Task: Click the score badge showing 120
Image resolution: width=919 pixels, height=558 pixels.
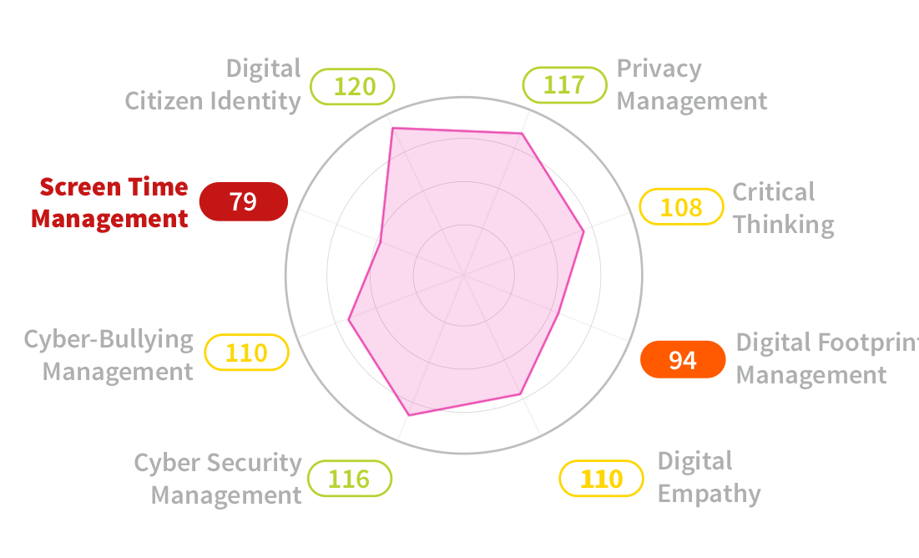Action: pyautogui.click(x=352, y=86)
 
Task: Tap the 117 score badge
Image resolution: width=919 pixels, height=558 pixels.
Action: pyautogui.click(x=564, y=85)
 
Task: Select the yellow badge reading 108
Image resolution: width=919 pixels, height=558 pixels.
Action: pyautogui.click(x=681, y=206)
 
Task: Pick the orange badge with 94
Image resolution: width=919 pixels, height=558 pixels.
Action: pyautogui.click(x=683, y=360)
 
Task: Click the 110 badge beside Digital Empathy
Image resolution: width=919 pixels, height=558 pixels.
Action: pyautogui.click(x=602, y=479)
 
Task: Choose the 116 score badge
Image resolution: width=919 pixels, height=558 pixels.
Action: pyautogui.click(x=349, y=479)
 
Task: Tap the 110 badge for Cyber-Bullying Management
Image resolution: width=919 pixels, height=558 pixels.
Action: pyautogui.click(x=246, y=353)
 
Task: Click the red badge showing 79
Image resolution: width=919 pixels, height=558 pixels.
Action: pyautogui.click(x=243, y=201)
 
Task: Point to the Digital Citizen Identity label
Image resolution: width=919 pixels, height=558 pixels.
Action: pyautogui.click(x=213, y=84)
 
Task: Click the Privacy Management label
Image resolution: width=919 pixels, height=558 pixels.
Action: pyautogui.click(x=691, y=84)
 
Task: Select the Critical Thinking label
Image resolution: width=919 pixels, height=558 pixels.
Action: pyautogui.click(x=783, y=208)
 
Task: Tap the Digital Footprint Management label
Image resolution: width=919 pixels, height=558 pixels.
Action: pyautogui.click(x=826, y=358)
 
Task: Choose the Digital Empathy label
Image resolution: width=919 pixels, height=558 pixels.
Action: pyautogui.click(x=709, y=477)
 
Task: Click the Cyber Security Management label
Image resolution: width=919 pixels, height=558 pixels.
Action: pyautogui.click(x=218, y=479)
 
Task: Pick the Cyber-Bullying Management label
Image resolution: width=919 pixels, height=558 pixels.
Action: pyautogui.click(x=109, y=354)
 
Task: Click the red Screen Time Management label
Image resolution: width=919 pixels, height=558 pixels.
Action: pyautogui.click(x=109, y=202)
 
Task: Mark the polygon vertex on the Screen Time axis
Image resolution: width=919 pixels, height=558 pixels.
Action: pyautogui.click(x=381, y=241)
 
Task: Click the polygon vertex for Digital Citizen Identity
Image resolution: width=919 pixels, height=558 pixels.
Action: pyautogui.click(x=392, y=128)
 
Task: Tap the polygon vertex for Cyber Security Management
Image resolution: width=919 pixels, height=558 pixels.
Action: pyautogui.click(x=408, y=414)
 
